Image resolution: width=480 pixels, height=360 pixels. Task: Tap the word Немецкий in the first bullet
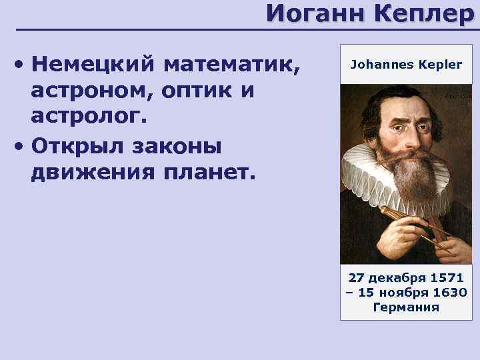[x=93, y=65]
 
